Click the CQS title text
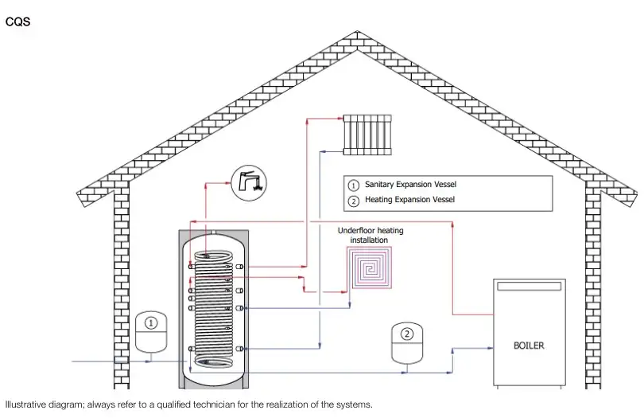[x=17, y=21]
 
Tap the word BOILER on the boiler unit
[x=529, y=346]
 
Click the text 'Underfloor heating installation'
[x=370, y=235]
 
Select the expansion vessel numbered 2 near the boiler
[x=407, y=343]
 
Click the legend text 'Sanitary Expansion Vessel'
[x=410, y=185]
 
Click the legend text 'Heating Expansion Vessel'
[x=409, y=200]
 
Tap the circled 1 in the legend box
[x=354, y=185]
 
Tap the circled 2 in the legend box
[x=354, y=200]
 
